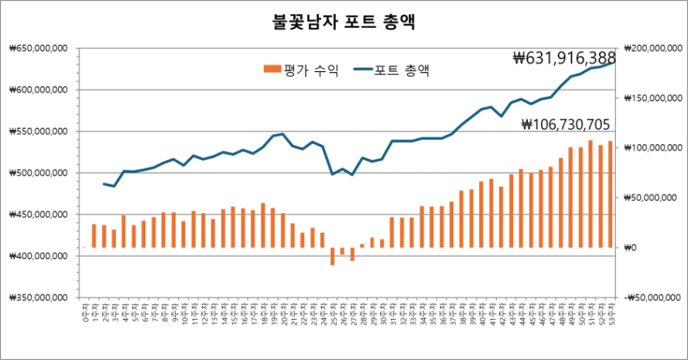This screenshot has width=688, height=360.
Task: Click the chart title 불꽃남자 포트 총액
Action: (x=344, y=22)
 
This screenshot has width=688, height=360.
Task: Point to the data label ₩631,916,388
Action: (x=563, y=58)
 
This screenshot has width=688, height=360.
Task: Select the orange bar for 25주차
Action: (x=332, y=256)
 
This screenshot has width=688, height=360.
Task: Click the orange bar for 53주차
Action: (x=610, y=194)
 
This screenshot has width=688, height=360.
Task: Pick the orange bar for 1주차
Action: (x=94, y=236)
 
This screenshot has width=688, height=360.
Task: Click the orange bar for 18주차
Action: (x=263, y=225)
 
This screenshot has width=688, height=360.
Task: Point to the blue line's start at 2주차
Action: (x=104, y=183)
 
